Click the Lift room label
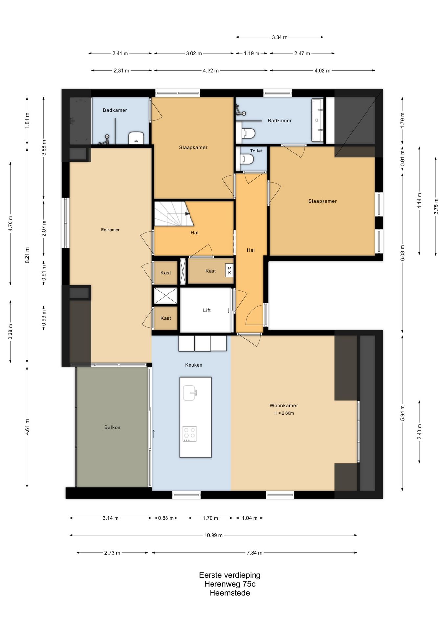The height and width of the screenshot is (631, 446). click(207, 310)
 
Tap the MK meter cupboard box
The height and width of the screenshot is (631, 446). click(229, 270)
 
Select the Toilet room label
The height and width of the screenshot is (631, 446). click(256, 151)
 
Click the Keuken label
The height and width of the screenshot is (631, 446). click(193, 365)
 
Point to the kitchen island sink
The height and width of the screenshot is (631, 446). click(190, 393)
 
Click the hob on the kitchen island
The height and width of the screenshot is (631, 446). click(189, 434)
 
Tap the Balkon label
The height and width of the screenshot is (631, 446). click(112, 427)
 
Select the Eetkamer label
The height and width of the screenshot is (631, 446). click(110, 230)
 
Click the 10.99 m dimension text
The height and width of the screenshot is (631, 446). click(213, 535)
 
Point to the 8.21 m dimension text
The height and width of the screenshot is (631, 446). click(27, 255)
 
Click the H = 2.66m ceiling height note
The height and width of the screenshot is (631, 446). click(284, 413)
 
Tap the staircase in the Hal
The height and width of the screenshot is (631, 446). click(174, 214)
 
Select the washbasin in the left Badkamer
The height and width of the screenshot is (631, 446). click(136, 138)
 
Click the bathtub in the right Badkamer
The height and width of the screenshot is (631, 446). click(317, 120)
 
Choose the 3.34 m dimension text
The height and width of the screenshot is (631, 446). click(279, 37)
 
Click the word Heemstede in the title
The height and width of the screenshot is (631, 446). click(230, 593)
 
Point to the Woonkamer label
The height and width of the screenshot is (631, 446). click(284, 406)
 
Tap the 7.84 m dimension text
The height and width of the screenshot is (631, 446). click(255, 553)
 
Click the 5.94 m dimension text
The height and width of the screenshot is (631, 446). click(403, 413)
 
